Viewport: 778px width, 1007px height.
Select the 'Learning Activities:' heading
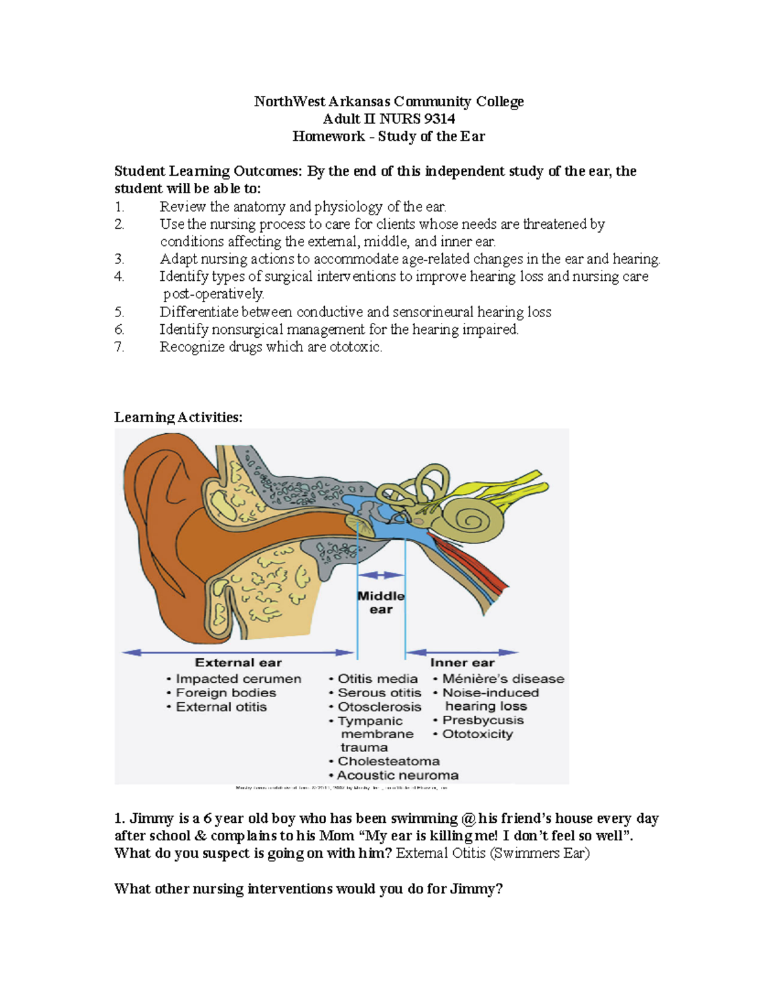tap(178, 417)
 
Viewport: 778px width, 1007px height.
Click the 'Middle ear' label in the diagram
tap(381, 602)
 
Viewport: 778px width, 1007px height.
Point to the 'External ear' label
tap(238, 663)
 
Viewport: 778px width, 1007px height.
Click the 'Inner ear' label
tap(462, 663)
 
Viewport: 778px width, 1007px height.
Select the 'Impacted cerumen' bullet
tap(238, 679)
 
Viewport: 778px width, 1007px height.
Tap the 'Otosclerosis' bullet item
tap(379, 707)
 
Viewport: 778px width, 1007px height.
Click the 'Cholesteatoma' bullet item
tap(388, 761)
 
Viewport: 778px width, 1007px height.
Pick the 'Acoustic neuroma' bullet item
tap(397, 776)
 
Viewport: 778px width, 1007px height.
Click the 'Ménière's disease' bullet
tap(502, 679)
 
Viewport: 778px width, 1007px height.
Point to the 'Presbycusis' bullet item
tap(482, 720)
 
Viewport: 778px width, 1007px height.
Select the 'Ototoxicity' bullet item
tap(477, 734)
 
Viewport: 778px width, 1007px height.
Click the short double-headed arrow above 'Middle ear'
tap(381, 575)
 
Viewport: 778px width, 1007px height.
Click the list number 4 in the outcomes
tap(119, 277)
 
